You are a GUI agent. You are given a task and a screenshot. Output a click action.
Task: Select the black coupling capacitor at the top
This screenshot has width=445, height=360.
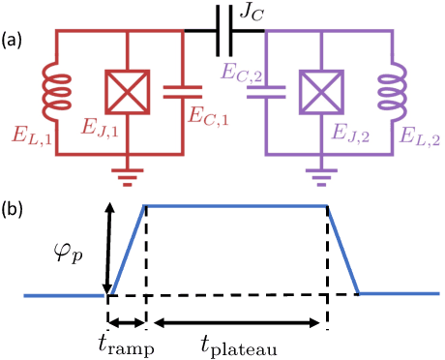pyautogui.click(x=224, y=31)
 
